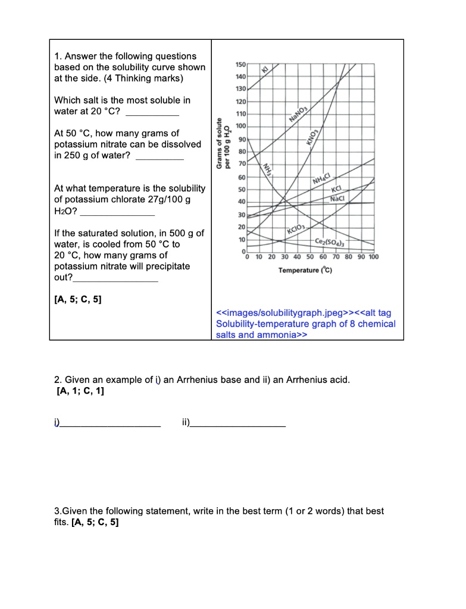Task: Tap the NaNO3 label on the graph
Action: (x=296, y=113)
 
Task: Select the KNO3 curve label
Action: (x=312, y=136)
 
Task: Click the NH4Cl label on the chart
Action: (x=321, y=179)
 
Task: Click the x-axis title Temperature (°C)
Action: (x=305, y=271)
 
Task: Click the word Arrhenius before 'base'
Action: (x=183, y=379)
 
